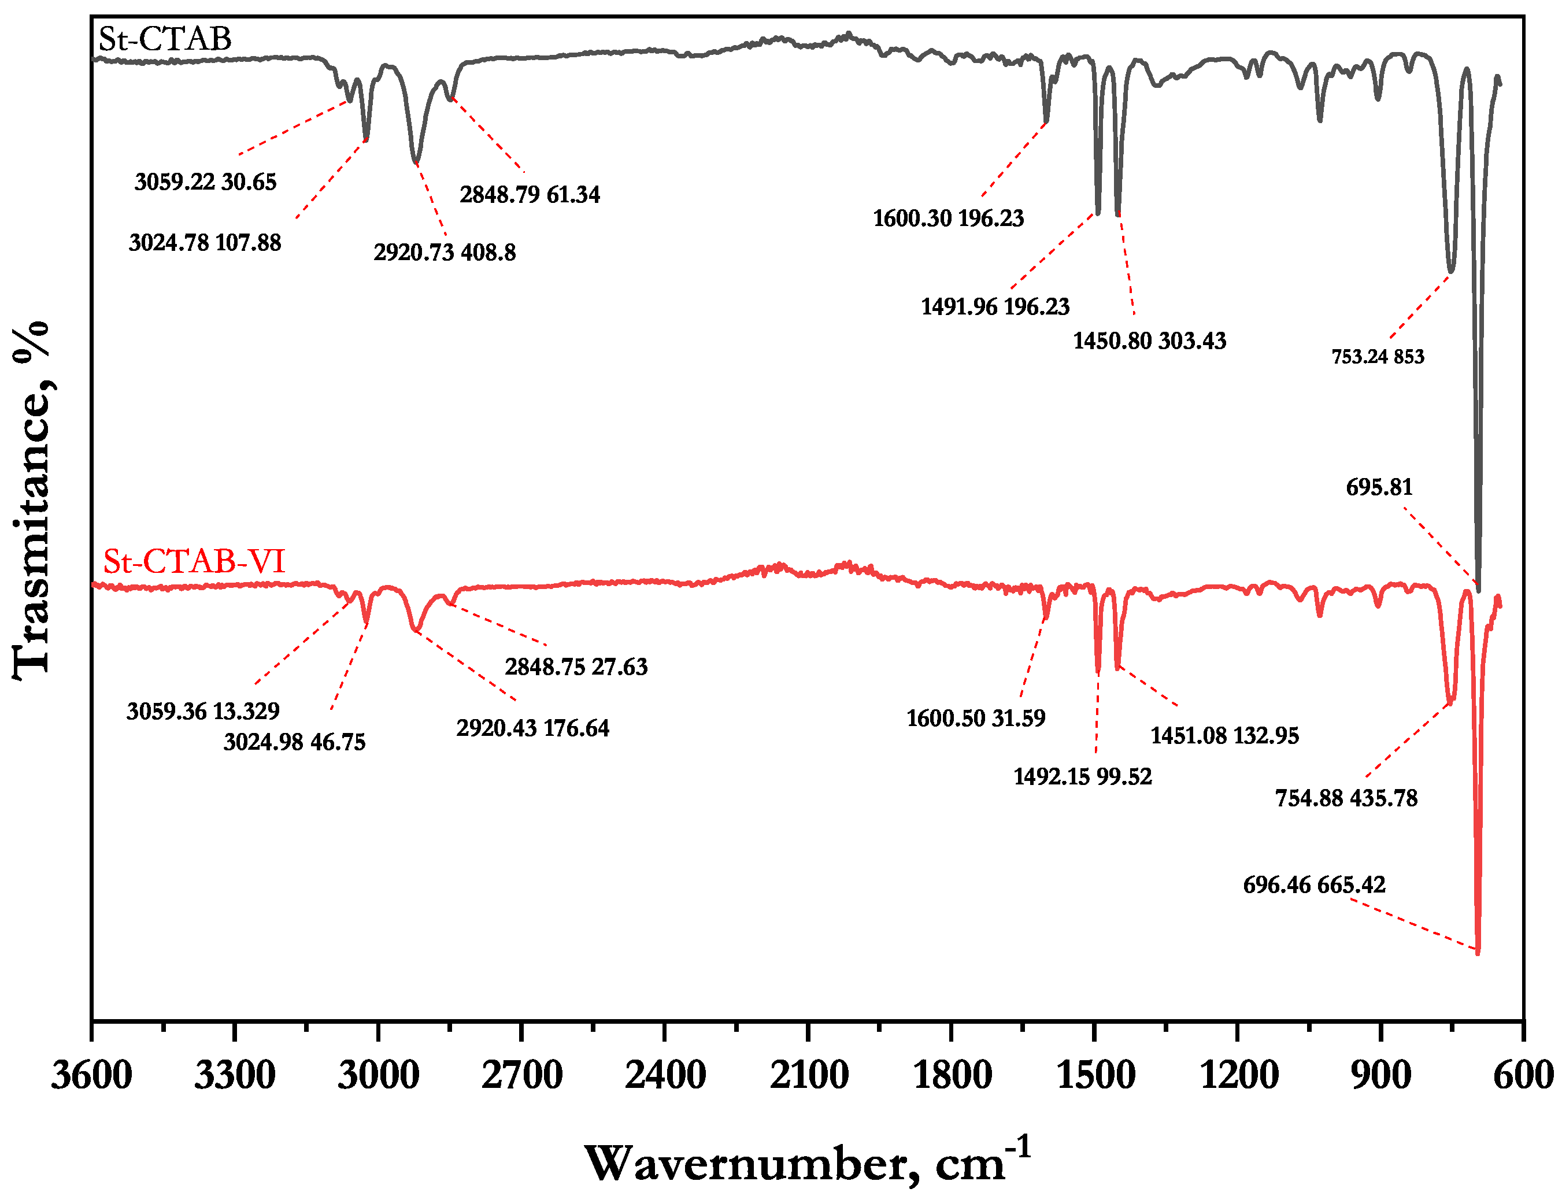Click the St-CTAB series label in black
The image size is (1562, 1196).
coord(164,39)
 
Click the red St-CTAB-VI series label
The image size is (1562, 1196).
coord(194,562)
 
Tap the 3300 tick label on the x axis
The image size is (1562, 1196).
coord(234,1075)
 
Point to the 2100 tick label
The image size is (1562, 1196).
coord(808,1075)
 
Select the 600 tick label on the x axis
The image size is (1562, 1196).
coord(1523,1075)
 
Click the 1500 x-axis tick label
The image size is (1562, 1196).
coord(1095,1075)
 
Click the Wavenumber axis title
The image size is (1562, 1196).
coord(808,1163)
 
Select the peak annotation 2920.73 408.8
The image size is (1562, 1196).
coord(444,253)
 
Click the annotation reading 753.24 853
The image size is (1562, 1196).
coord(1378,357)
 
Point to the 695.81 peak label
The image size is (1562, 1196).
coord(1379,488)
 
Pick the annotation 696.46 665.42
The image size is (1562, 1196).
coord(1314,885)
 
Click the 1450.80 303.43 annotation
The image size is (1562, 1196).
coord(1149,341)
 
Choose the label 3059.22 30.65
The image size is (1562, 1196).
coord(205,182)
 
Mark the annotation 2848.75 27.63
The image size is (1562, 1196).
coord(576,667)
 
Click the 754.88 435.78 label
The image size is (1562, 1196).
coord(1346,798)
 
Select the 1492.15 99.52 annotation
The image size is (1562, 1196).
coord(1082,776)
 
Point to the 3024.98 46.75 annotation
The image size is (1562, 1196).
coord(294,743)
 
